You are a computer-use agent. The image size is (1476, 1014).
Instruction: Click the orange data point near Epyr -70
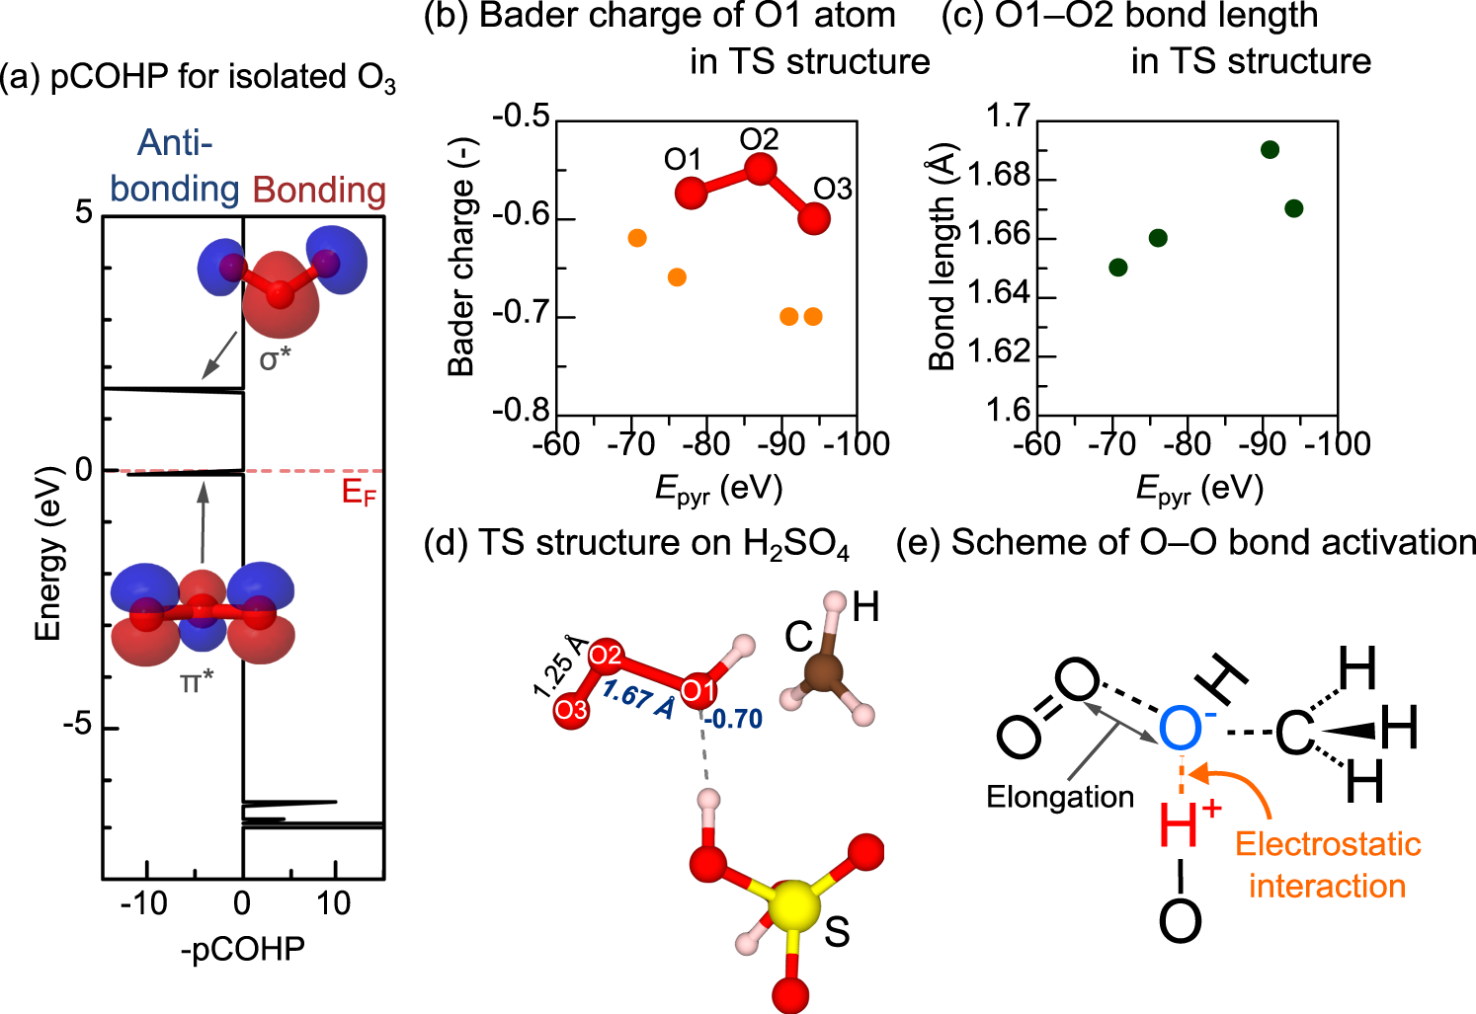tap(637, 238)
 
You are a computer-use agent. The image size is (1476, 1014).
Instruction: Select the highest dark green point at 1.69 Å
tap(1271, 150)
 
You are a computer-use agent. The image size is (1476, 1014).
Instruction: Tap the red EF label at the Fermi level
tap(359, 493)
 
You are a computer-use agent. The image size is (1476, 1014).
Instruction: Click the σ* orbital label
tap(276, 359)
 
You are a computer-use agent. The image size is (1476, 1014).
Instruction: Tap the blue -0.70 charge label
tap(733, 719)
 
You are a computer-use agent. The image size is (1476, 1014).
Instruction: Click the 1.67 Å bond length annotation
tap(638, 698)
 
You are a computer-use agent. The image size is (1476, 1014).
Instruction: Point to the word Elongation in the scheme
tap(1060, 797)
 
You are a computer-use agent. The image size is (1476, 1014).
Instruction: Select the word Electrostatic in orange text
tap(1328, 844)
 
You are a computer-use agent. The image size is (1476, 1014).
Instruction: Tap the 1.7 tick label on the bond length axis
tap(1008, 117)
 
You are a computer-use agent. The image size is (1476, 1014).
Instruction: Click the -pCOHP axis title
tap(243, 949)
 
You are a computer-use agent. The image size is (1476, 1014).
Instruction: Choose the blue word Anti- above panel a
tap(175, 143)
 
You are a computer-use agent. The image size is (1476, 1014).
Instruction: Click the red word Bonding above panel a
tap(319, 190)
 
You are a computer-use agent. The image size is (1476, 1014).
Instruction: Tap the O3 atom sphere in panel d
tap(572, 710)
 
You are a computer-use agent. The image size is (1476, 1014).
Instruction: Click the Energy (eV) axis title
tap(48, 553)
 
